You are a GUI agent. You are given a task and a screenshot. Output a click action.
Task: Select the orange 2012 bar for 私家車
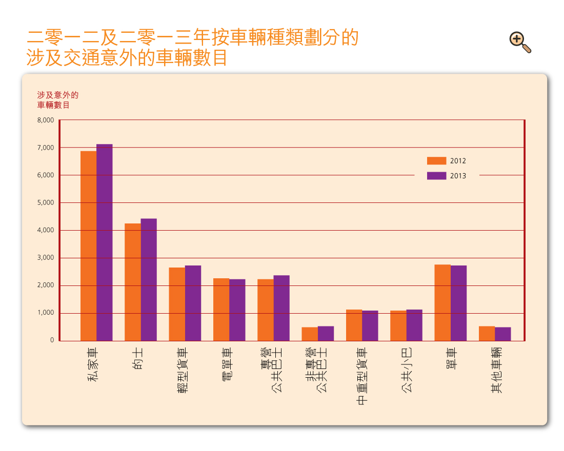[88, 246]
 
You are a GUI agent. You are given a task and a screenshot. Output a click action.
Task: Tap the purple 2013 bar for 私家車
[105, 242]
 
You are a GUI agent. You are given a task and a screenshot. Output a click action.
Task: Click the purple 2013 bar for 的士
[149, 280]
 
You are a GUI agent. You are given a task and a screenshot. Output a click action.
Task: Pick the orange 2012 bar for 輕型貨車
[177, 304]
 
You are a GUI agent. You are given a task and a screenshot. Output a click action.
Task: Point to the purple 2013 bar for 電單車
[237, 310]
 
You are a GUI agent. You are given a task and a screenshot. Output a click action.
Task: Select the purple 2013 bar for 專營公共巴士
[281, 308]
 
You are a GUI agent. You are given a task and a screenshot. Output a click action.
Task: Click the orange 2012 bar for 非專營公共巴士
[310, 334]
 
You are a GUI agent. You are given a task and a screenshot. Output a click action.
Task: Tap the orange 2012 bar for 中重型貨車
[354, 325]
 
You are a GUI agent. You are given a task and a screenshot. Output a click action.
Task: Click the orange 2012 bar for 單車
[442, 302]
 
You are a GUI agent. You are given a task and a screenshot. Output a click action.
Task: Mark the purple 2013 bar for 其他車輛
[503, 334]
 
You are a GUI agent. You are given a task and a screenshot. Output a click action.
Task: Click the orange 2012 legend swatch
[436, 160]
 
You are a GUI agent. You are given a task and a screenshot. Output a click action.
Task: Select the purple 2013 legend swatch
[436, 176]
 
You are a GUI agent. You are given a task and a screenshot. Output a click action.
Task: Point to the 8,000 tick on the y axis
[45, 120]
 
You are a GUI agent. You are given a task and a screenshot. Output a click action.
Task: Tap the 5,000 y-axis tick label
[45, 202]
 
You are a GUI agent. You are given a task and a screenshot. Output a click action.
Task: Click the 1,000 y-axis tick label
[45, 313]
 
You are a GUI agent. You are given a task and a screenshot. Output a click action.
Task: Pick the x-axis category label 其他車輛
[496, 370]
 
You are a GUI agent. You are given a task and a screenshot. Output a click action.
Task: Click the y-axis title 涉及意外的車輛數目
[57, 100]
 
